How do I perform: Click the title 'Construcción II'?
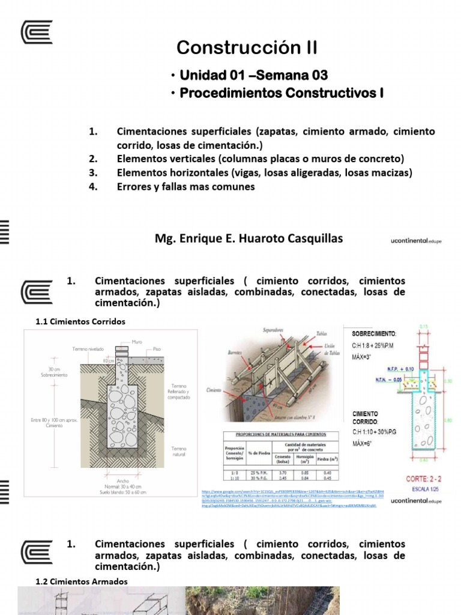click(246, 47)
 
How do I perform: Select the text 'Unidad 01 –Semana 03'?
click(254, 75)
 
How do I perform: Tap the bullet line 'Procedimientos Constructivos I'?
click(281, 93)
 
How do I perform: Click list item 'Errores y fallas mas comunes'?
click(185, 187)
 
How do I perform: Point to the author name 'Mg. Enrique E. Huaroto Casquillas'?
click(249, 238)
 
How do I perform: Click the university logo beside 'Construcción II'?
click(37, 32)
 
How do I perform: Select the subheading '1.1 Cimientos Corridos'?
click(80, 321)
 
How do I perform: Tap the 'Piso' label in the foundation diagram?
click(157, 348)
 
